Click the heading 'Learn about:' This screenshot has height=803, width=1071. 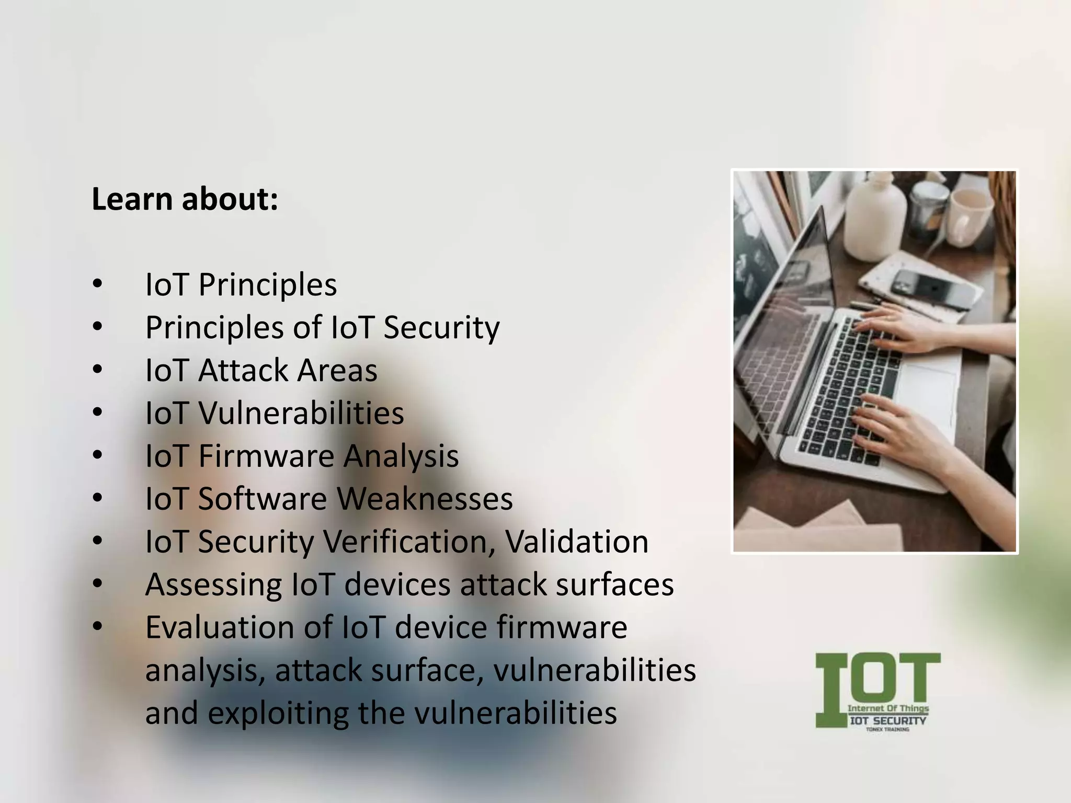tap(185, 199)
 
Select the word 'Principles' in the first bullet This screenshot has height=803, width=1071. tap(267, 285)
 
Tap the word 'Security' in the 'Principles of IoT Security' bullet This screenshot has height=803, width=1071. tap(441, 328)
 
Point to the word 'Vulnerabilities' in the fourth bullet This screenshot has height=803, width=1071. tap(301, 414)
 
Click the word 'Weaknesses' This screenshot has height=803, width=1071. tap(425, 499)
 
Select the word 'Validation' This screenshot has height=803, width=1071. tap(576, 542)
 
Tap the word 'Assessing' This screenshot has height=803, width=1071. tap(213, 584)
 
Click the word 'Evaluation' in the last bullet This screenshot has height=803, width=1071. tap(220, 627)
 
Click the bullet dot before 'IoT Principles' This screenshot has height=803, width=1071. tap(97, 284)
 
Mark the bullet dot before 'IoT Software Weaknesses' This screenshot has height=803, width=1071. tap(97, 498)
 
